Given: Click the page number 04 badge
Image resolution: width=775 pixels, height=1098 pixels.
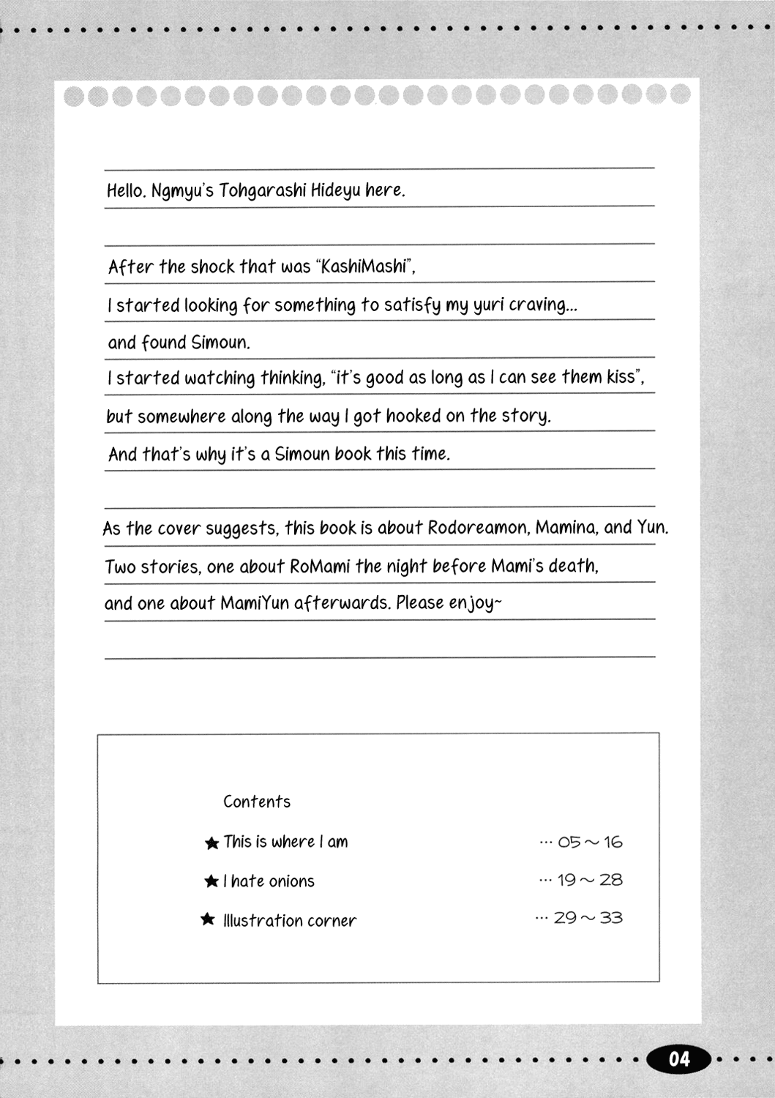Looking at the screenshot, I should coord(678,1058).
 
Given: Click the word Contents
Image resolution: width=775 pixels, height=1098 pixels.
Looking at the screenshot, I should coord(257,802).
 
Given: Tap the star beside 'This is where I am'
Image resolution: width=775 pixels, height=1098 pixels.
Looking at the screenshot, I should coord(212,843).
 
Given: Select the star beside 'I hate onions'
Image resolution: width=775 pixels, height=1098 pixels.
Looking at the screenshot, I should coord(211,881).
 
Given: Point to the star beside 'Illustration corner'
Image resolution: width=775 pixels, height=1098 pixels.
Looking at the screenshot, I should coord(208,919).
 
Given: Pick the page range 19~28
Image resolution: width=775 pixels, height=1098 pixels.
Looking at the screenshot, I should coord(589,880).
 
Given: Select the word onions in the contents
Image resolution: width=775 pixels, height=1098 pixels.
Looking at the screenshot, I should coord(291,881).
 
